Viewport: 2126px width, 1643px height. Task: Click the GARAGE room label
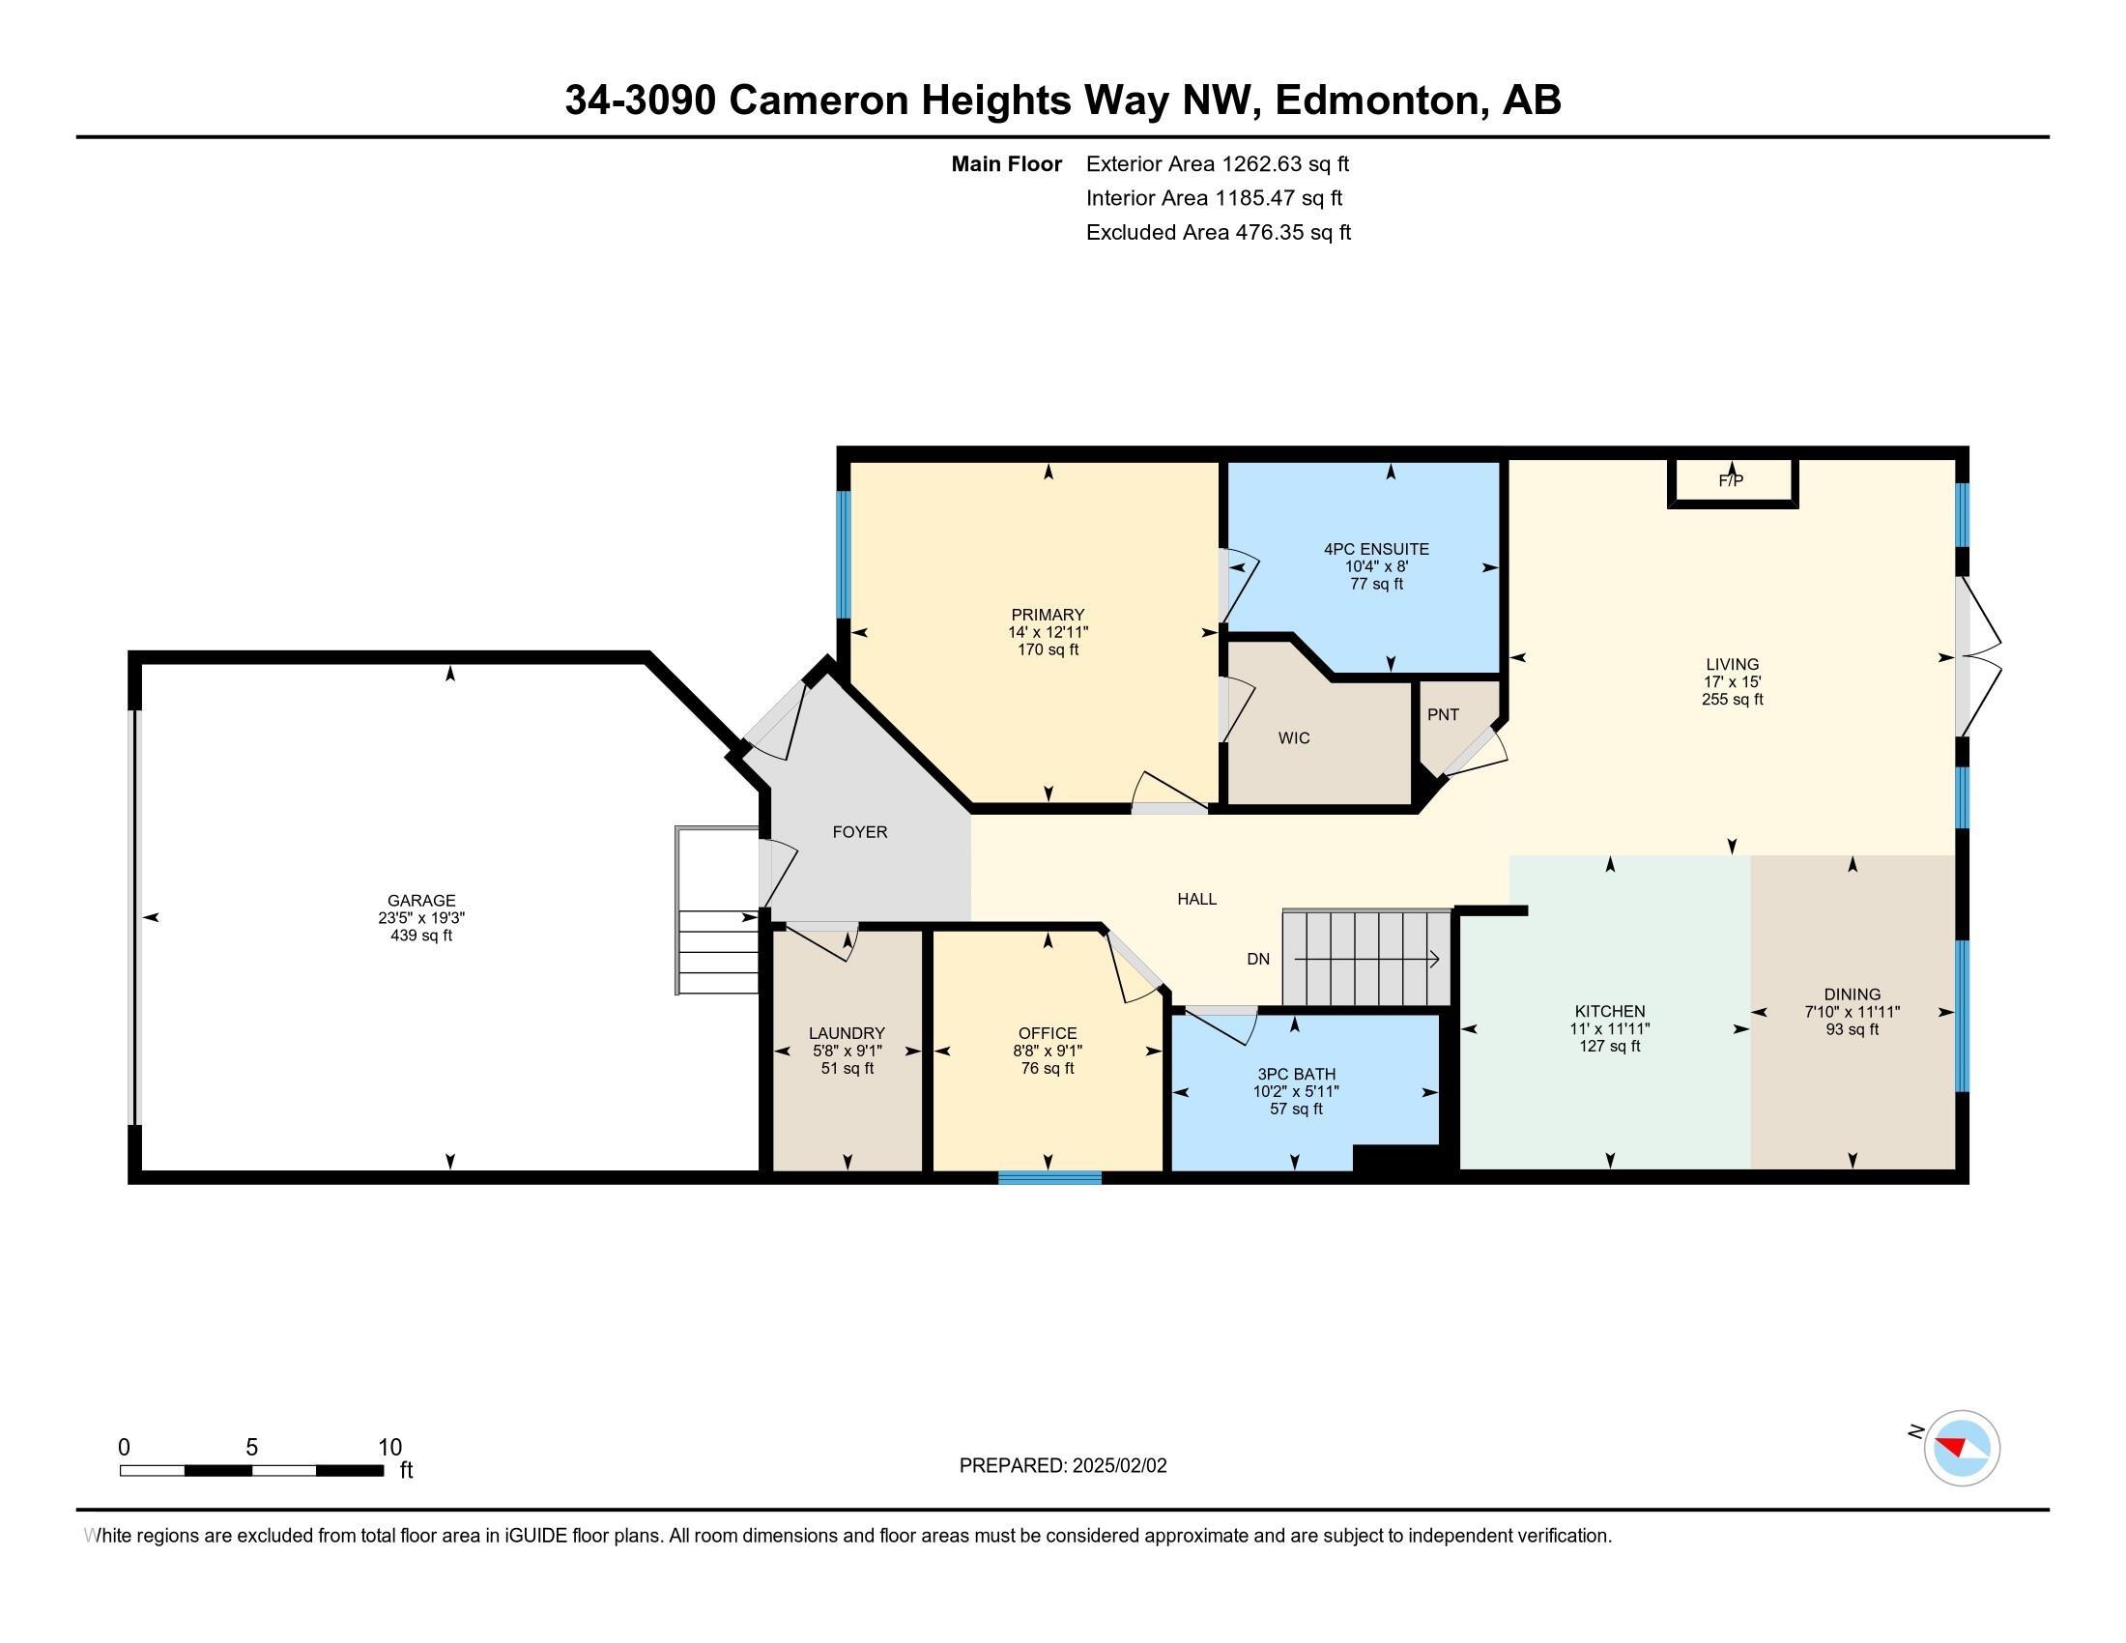click(420, 901)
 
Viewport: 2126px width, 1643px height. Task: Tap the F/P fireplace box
click(1731, 482)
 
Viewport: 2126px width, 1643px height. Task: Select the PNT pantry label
click(1443, 714)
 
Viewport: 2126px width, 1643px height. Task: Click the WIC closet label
click(1294, 737)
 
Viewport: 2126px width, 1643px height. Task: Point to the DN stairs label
click(1257, 959)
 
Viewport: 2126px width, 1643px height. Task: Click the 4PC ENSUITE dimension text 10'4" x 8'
click(1376, 566)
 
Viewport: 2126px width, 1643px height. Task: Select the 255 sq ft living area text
click(1732, 699)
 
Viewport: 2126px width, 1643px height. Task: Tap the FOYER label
click(859, 831)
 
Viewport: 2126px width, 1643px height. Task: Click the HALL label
click(1196, 899)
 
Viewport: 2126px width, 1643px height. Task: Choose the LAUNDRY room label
click(847, 1033)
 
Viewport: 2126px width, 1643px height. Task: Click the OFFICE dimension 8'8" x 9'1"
click(1048, 1051)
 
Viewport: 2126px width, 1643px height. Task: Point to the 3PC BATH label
click(1296, 1074)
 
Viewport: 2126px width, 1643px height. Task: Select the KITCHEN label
click(1610, 1011)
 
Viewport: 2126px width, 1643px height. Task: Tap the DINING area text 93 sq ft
click(1852, 1029)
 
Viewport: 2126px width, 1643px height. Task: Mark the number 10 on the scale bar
click(389, 1448)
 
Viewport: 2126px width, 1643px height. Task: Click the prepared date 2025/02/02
click(1118, 1466)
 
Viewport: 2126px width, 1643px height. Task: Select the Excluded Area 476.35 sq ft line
click(1218, 232)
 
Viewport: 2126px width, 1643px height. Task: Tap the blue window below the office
click(1049, 1178)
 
